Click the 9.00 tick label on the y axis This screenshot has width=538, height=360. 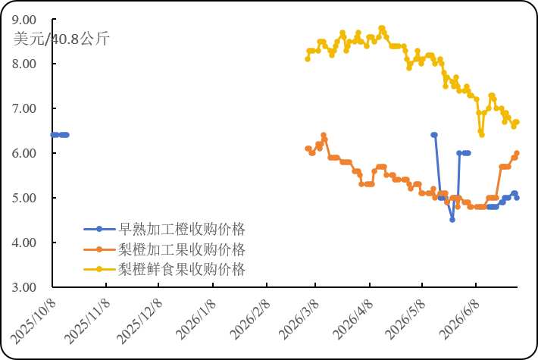click(x=24, y=20)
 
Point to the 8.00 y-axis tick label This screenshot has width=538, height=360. click(x=24, y=64)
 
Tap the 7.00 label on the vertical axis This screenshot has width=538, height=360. click(x=24, y=108)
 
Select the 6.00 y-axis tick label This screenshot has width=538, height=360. click(x=24, y=153)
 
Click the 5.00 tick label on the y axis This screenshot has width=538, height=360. click(x=24, y=198)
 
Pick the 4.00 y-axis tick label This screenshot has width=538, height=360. click(x=24, y=243)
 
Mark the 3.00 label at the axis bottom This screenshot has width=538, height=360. click(x=24, y=287)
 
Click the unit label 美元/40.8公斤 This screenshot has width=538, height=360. click(x=61, y=38)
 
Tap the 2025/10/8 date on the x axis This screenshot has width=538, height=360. click(x=33, y=321)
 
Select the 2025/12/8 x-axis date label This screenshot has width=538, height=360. click(x=139, y=321)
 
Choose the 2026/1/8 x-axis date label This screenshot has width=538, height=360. click(x=196, y=320)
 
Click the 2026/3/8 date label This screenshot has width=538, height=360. click(x=299, y=320)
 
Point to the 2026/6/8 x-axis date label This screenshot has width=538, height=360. click(x=460, y=320)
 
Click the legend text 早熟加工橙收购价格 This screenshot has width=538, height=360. click(x=182, y=229)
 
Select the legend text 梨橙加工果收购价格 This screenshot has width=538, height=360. click(x=182, y=249)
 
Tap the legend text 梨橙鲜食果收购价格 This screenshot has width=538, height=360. click(x=182, y=269)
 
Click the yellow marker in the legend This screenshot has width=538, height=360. click(x=99, y=269)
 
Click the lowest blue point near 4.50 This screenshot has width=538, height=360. click(x=452, y=220)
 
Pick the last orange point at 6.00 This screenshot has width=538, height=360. click(x=517, y=153)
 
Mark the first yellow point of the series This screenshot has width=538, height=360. click(x=308, y=59)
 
